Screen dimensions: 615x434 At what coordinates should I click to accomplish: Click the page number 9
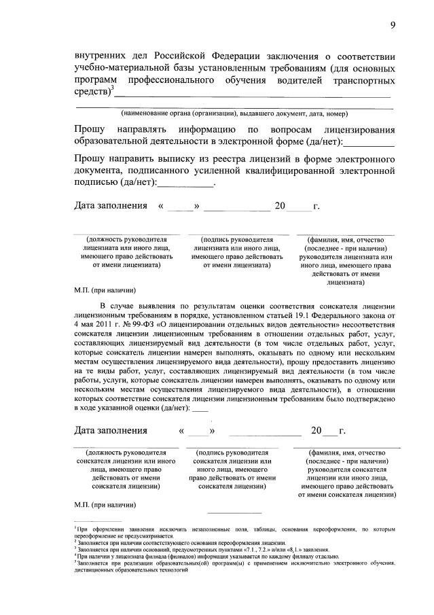pyautogui.click(x=393, y=25)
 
